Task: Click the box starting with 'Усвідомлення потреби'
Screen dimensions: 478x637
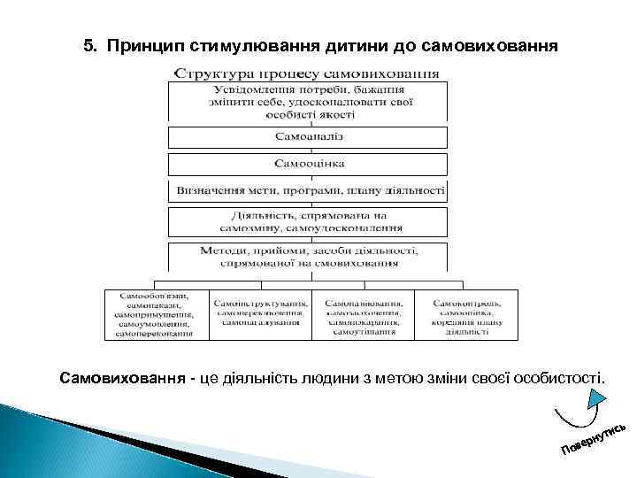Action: (x=310, y=102)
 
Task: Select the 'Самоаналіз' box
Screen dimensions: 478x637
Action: (x=310, y=137)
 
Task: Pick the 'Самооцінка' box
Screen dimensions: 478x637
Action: (x=310, y=164)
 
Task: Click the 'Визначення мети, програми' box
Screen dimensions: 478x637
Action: (x=310, y=191)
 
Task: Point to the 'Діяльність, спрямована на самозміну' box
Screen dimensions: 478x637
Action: (x=310, y=221)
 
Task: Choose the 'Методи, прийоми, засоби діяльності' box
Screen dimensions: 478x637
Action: (x=310, y=257)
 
